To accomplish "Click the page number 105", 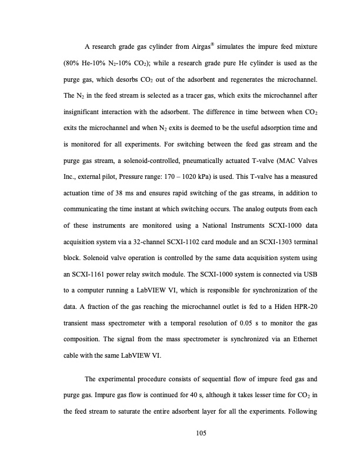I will point(180,434).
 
